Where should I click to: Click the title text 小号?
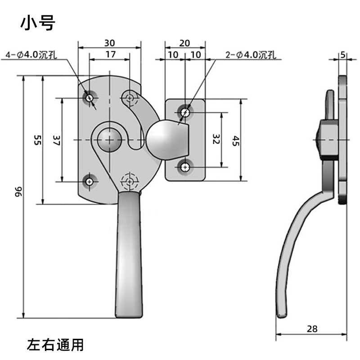click(x=37, y=23)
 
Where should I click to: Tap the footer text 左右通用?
click(x=55, y=345)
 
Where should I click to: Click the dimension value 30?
click(x=109, y=43)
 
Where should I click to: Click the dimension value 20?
click(x=184, y=43)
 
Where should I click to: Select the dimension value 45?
click(x=235, y=140)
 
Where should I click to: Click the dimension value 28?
click(x=312, y=329)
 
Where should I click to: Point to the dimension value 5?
click(x=343, y=55)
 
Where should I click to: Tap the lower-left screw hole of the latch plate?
click(x=90, y=182)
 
